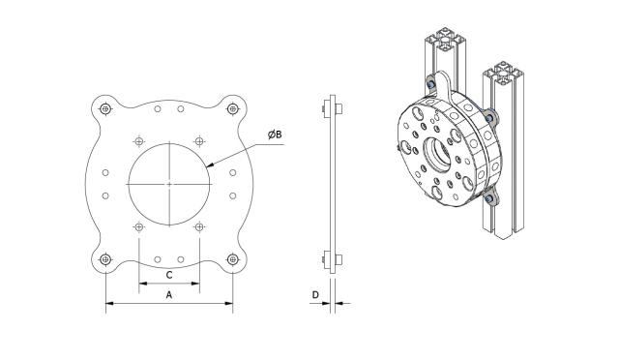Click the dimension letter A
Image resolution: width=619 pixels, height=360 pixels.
169,294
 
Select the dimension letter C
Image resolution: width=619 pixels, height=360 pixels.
169,275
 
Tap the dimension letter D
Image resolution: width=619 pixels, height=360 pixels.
314,294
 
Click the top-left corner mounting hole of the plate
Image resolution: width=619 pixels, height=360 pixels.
104,108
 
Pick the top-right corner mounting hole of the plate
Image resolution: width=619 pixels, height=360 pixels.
232,108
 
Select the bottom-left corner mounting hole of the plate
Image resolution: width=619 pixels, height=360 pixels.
104,258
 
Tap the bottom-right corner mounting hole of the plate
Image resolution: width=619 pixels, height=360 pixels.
232,258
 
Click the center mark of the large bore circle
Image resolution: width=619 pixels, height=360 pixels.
169,183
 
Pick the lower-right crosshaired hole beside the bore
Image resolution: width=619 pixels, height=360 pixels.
198,226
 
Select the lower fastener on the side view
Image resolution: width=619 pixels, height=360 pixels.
331,258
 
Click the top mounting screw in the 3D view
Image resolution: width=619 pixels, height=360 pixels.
429,81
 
